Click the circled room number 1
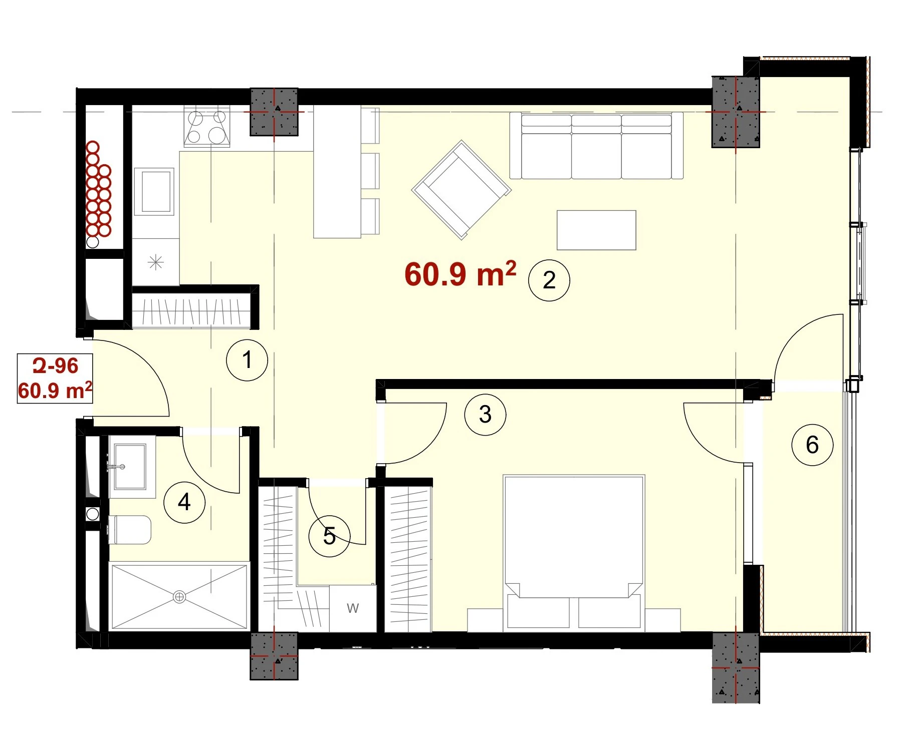247,360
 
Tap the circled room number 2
549,280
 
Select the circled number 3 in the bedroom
485,415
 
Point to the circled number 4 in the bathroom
184,502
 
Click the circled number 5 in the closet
329,536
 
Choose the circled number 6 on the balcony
812,445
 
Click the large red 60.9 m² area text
460,274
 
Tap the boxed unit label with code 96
55,379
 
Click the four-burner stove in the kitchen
207,126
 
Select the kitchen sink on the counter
155,192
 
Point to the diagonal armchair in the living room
462,190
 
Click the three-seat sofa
596,146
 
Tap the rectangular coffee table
596,230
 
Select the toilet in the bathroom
129,530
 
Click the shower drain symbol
179,597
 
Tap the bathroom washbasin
128,467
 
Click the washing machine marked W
353,608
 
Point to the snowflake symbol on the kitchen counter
156,262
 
